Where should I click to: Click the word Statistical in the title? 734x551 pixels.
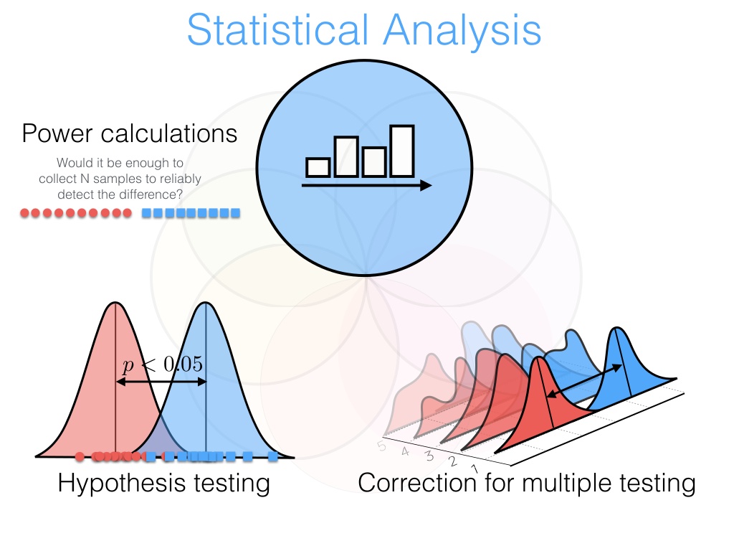pos(277,30)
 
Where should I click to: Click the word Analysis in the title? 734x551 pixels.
pos(462,31)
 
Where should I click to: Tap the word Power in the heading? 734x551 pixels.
pos(57,133)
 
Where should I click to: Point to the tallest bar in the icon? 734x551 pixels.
pos(402,151)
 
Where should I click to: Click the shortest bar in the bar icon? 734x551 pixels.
pos(318,167)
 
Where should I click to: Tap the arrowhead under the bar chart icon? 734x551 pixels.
pos(426,186)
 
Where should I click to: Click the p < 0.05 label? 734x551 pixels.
pos(163,364)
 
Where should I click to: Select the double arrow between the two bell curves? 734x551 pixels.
pos(161,382)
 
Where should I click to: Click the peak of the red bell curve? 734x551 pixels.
pos(115,303)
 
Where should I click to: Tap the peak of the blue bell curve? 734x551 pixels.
pos(205,303)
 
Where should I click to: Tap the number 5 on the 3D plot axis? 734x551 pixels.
pos(382,446)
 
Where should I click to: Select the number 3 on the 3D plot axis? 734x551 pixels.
pos(429,456)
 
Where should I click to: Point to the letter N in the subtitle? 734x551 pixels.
pos(85,179)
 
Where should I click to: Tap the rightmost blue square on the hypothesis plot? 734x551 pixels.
pos(273,456)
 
